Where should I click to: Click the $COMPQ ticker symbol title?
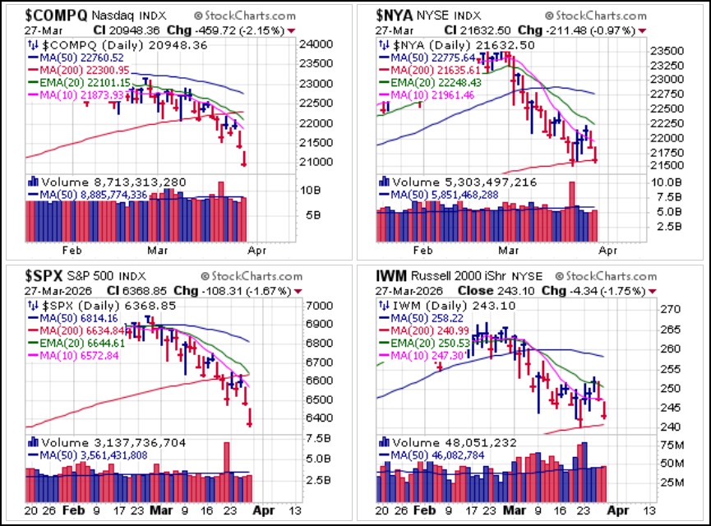(56, 16)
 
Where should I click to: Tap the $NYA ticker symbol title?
(394, 16)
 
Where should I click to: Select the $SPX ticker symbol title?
(44, 275)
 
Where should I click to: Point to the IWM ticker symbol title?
(391, 275)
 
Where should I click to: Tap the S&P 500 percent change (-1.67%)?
(269, 291)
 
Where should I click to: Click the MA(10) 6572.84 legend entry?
(79, 356)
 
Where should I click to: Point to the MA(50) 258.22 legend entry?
(427, 318)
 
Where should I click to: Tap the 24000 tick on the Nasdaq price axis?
(316, 44)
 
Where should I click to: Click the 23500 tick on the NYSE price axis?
(667, 50)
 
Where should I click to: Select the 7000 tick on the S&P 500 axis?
(320, 305)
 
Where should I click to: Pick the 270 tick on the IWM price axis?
(670, 309)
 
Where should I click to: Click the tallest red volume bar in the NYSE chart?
(572, 211)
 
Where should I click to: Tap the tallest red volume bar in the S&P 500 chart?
(227, 472)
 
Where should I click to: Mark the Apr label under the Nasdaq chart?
(256, 251)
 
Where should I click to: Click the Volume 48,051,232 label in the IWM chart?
(455, 442)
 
